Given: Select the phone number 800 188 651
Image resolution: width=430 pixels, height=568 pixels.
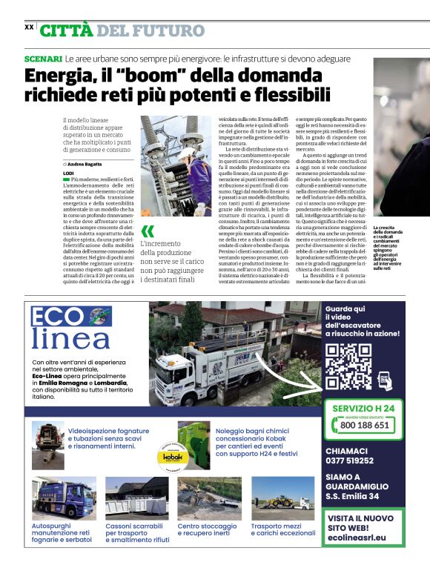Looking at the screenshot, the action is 364,426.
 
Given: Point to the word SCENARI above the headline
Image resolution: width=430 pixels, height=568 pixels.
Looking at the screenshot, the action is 42,58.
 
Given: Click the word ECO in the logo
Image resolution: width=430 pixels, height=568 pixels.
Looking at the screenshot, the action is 60,317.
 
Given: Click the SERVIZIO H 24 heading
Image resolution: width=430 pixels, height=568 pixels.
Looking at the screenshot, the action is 363,409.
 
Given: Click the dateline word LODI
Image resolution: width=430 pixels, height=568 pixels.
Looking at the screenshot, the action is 69,173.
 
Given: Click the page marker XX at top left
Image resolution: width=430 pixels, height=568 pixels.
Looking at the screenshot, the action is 29,27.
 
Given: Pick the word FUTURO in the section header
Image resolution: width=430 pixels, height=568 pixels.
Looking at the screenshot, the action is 170,30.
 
